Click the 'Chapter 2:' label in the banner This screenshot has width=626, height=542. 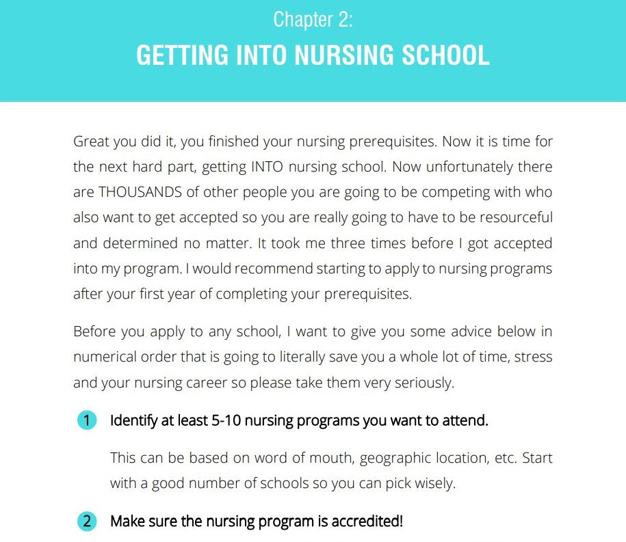click(313, 19)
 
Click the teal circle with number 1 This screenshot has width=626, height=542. click(87, 420)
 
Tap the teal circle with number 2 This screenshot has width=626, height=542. click(87, 521)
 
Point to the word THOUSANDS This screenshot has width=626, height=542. click(136, 192)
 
